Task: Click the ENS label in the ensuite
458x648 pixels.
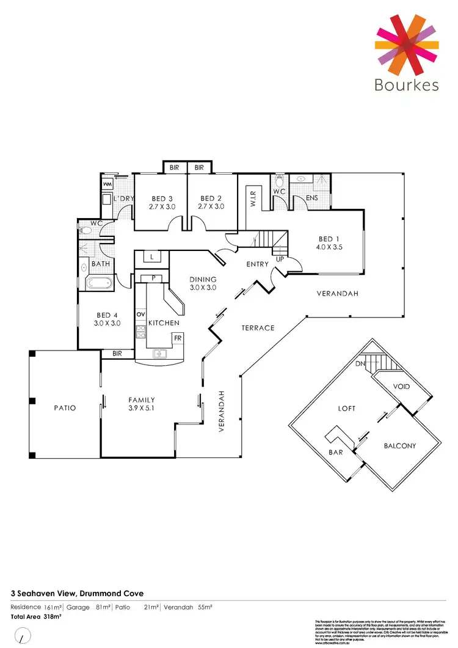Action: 312,198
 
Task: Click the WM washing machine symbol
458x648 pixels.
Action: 108,184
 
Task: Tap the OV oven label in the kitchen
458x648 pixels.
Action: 140,314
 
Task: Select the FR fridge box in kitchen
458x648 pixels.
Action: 177,337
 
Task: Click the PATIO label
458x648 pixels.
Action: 64,408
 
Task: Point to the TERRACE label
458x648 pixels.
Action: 258,328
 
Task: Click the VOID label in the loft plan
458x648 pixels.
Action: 401,387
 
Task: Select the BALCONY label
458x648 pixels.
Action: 399,446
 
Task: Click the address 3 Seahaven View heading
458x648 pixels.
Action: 77,592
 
